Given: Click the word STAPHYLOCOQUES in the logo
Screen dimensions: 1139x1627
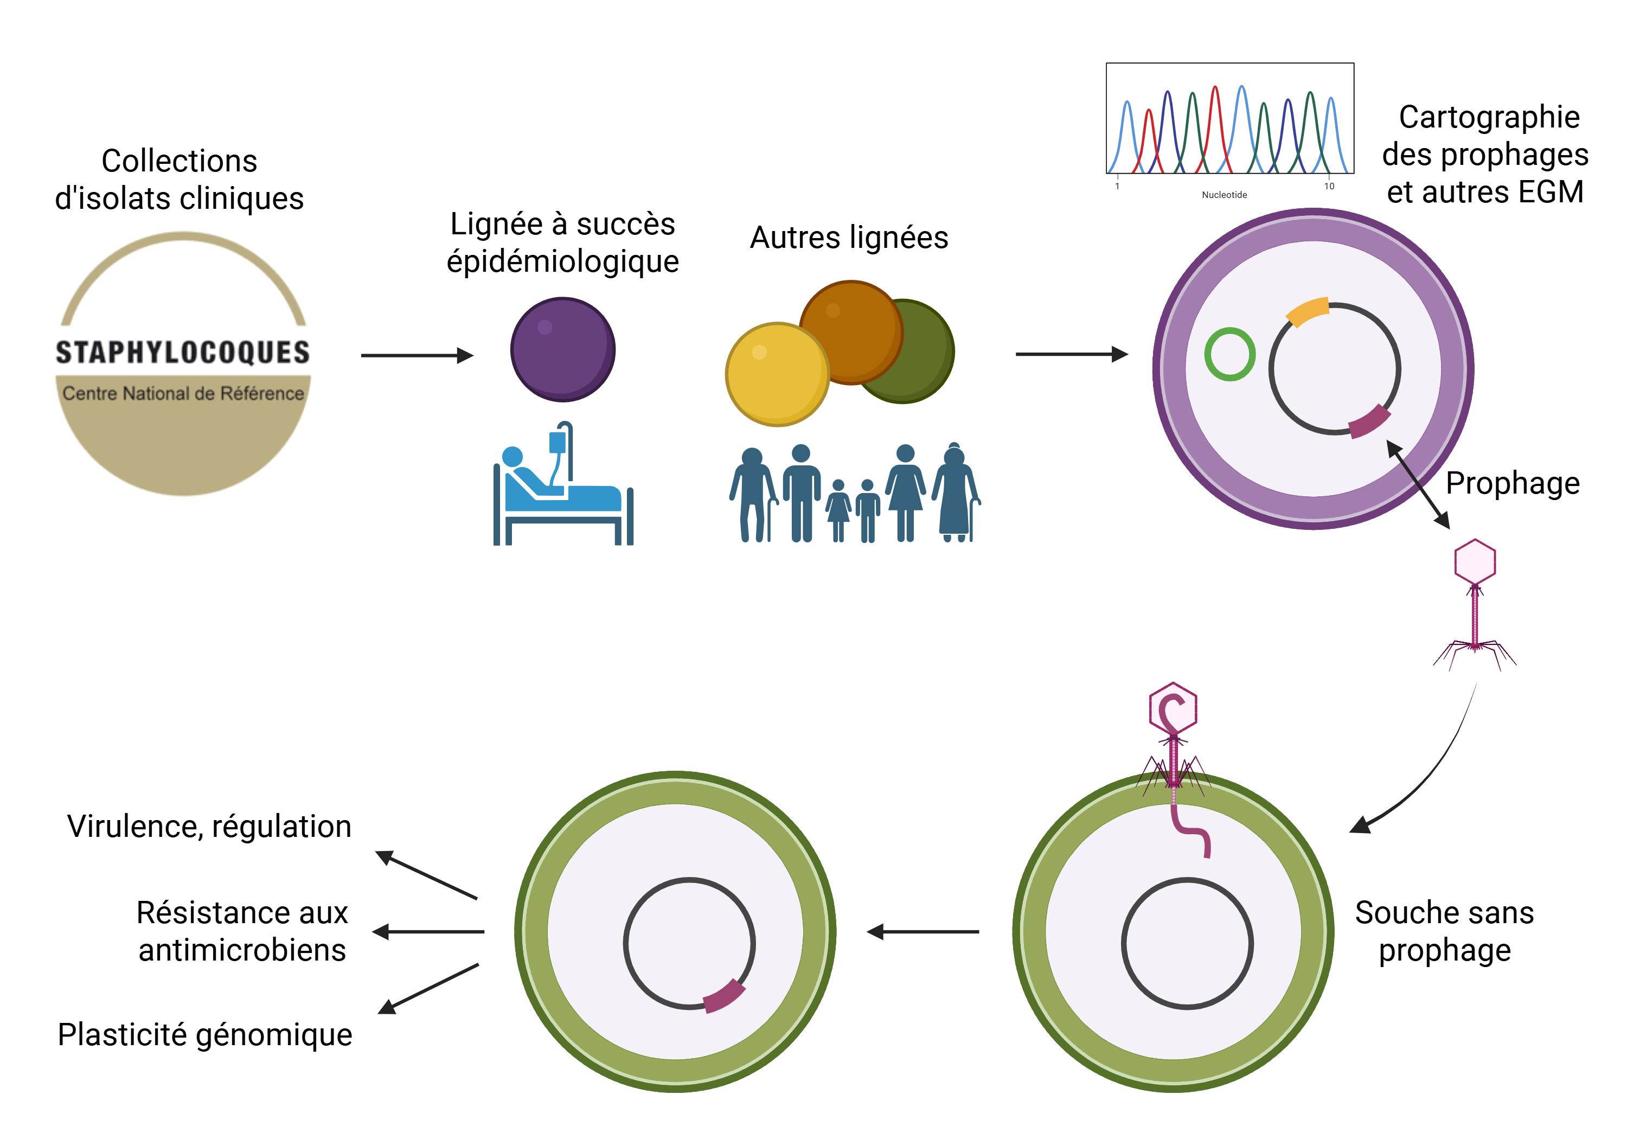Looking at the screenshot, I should pyautogui.click(x=183, y=352).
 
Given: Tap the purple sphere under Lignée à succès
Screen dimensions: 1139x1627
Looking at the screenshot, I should pyautogui.click(x=562, y=349).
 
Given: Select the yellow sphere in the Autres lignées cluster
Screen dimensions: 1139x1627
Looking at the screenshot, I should pyautogui.click(x=777, y=374).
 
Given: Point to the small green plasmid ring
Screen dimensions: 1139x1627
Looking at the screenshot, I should pyautogui.click(x=1229, y=354).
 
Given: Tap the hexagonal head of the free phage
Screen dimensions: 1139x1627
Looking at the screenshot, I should pyautogui.click(x=1475, y=561).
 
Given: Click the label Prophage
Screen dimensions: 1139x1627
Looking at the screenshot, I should pyautogui.click(x=1512, y=483).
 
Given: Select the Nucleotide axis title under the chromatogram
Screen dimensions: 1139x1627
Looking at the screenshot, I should pyautogui.click(x=1224, y=195).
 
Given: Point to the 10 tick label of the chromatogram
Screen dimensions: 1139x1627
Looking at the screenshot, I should pyautogui.click(x=1329, y=187).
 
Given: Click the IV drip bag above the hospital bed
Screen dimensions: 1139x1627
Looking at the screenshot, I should pyautogui.click(x=558, y=442).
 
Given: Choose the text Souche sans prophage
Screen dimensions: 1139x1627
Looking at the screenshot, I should pyautogui.click(x=1444, y=931).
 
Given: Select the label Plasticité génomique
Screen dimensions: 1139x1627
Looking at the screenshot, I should pyautogui.click(x=205, y=1034).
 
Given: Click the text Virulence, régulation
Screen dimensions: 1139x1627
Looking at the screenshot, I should pyautogui.click(x=209, y=827).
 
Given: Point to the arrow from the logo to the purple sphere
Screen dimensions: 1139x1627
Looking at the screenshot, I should pyautogui.click(x=417, y=355).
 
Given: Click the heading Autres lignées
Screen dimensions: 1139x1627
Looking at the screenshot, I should pyautogui.click(x=848, y=238).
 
